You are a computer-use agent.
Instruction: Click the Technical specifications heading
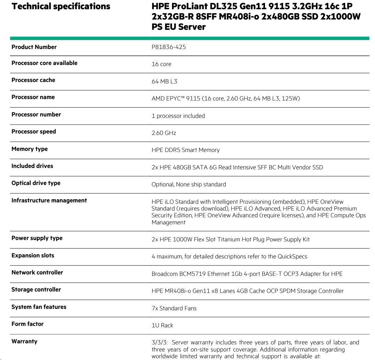point(61,6)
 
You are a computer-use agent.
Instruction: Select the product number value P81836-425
point(169,47)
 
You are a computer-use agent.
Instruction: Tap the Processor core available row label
point(44,63)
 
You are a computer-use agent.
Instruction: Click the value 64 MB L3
point(164,81)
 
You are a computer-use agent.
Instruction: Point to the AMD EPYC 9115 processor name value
point(225,98)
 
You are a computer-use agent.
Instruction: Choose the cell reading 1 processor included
point(178,116)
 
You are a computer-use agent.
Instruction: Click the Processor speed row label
point(34,132)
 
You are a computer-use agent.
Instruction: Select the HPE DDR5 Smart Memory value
point(186,150)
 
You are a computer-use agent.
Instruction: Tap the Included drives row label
point(32,166)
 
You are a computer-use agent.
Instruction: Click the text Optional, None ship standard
point(188,184)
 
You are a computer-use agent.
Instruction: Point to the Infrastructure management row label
point(49,201)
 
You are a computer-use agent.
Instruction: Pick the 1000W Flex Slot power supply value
point(230,239)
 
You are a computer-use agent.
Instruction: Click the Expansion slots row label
point(33,256)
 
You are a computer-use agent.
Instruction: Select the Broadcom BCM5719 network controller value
point(247,274)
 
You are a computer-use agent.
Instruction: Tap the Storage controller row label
point(36,290)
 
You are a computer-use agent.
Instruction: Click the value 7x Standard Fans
point(174,308)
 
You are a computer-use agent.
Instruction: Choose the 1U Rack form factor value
point(162,325)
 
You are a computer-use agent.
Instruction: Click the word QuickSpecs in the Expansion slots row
point(292,256)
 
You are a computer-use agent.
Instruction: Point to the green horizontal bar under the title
point(189,38)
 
